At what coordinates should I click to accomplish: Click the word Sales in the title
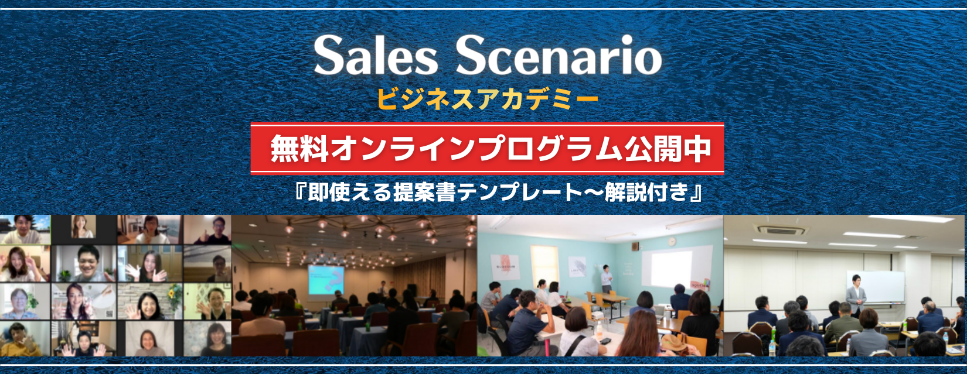pyautogui.click(x=376, y=55)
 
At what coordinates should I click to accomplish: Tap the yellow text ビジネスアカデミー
pyautogui.click(x=488, y=99)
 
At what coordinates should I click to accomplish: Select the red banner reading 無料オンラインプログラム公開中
pyautogui.click(x=488, y=149)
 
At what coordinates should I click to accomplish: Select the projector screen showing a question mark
pyautogui.click(x=326, y=280)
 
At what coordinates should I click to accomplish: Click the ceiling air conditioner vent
pyautogui.click(x=781, y=230)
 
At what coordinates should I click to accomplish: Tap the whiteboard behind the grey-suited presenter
pyautogui.click(x=876, y=286)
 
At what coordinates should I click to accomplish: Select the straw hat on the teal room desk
pyautogui.click(x=675, y=344)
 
